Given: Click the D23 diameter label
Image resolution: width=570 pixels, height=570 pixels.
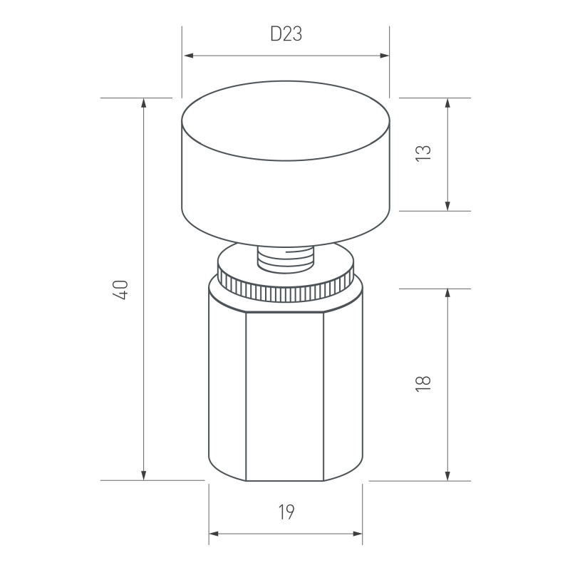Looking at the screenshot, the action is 286,34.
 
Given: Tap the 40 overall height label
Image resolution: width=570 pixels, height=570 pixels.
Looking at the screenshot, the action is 120,289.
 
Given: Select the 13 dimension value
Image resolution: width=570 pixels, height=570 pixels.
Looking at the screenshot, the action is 423,153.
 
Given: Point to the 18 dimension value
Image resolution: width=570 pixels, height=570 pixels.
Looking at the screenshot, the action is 423,383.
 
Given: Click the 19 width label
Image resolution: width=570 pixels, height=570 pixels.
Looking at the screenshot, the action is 286,512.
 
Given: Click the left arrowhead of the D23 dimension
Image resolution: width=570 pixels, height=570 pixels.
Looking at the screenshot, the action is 189,56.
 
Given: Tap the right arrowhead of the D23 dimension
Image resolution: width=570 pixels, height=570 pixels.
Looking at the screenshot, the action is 384,56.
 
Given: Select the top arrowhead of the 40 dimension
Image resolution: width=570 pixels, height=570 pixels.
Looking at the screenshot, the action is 144,103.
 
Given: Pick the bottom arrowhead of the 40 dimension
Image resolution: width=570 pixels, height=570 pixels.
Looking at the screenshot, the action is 144,475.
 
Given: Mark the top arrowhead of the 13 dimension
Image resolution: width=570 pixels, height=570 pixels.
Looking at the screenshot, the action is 447,103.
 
